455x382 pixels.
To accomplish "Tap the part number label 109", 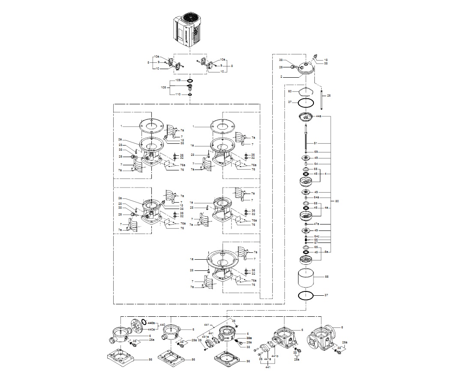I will tap(178, 80).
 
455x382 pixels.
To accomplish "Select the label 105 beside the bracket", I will tap(163, 87).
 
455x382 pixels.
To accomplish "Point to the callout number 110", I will tap(178, 94).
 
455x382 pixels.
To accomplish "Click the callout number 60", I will tap(290, 91).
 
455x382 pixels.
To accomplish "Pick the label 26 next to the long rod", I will tap(329, 95).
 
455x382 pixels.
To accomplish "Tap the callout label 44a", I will tap(319, 116).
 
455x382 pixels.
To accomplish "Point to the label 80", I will tap(337, 201).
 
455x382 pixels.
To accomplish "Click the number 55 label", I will tap(326, 277).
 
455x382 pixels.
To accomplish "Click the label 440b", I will tap(152, 321).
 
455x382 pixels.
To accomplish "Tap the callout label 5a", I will tap(326, 252).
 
